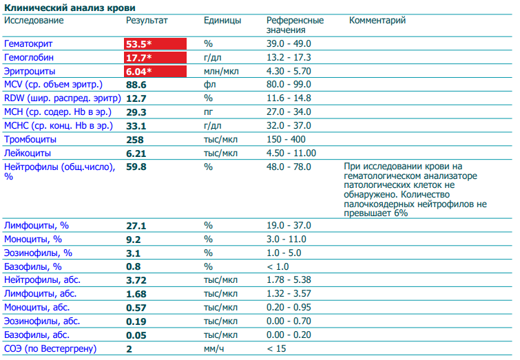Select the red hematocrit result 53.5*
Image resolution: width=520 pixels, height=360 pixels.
138,43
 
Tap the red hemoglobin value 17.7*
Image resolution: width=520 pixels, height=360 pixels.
138,57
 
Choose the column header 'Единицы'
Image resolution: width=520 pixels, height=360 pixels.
222,20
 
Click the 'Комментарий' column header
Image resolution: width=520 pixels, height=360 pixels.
377,20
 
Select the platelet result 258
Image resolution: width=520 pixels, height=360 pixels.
135,139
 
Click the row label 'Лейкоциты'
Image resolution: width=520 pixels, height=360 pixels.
27,153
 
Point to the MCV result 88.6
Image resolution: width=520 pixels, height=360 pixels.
136,85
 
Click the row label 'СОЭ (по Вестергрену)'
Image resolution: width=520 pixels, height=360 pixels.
50,349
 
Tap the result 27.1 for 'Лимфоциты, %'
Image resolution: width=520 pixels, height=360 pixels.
136,225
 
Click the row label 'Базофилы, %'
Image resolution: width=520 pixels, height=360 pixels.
33,266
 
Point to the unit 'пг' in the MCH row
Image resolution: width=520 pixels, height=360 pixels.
209,112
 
